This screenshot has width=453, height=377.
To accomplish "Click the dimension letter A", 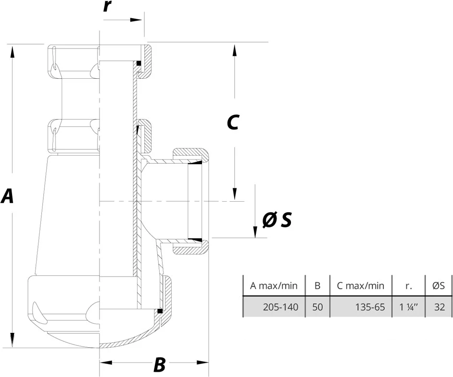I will click(x=7, y=196).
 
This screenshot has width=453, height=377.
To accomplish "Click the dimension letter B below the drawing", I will click(x=159, y=365).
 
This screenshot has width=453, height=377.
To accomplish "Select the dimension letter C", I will click(x=233, y=123).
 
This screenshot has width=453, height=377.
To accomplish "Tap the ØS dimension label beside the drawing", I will click(x=277, y=220).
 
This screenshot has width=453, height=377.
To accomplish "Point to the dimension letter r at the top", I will click(x=108, y=7).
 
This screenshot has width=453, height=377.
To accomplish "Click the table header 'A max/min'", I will click(x=274, y=286).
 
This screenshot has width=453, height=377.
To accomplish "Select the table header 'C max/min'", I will click(x=361, y=286).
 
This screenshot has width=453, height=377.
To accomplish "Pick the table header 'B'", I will click(x=317, y=286).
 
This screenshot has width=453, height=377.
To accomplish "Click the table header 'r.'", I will click(x=409, y=286).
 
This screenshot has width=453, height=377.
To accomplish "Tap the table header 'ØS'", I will click(x=439, y=286).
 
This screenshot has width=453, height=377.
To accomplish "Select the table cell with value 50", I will click(x=317, y=307).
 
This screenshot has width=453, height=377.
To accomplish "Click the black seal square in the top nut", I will click(x=138, y=63).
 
